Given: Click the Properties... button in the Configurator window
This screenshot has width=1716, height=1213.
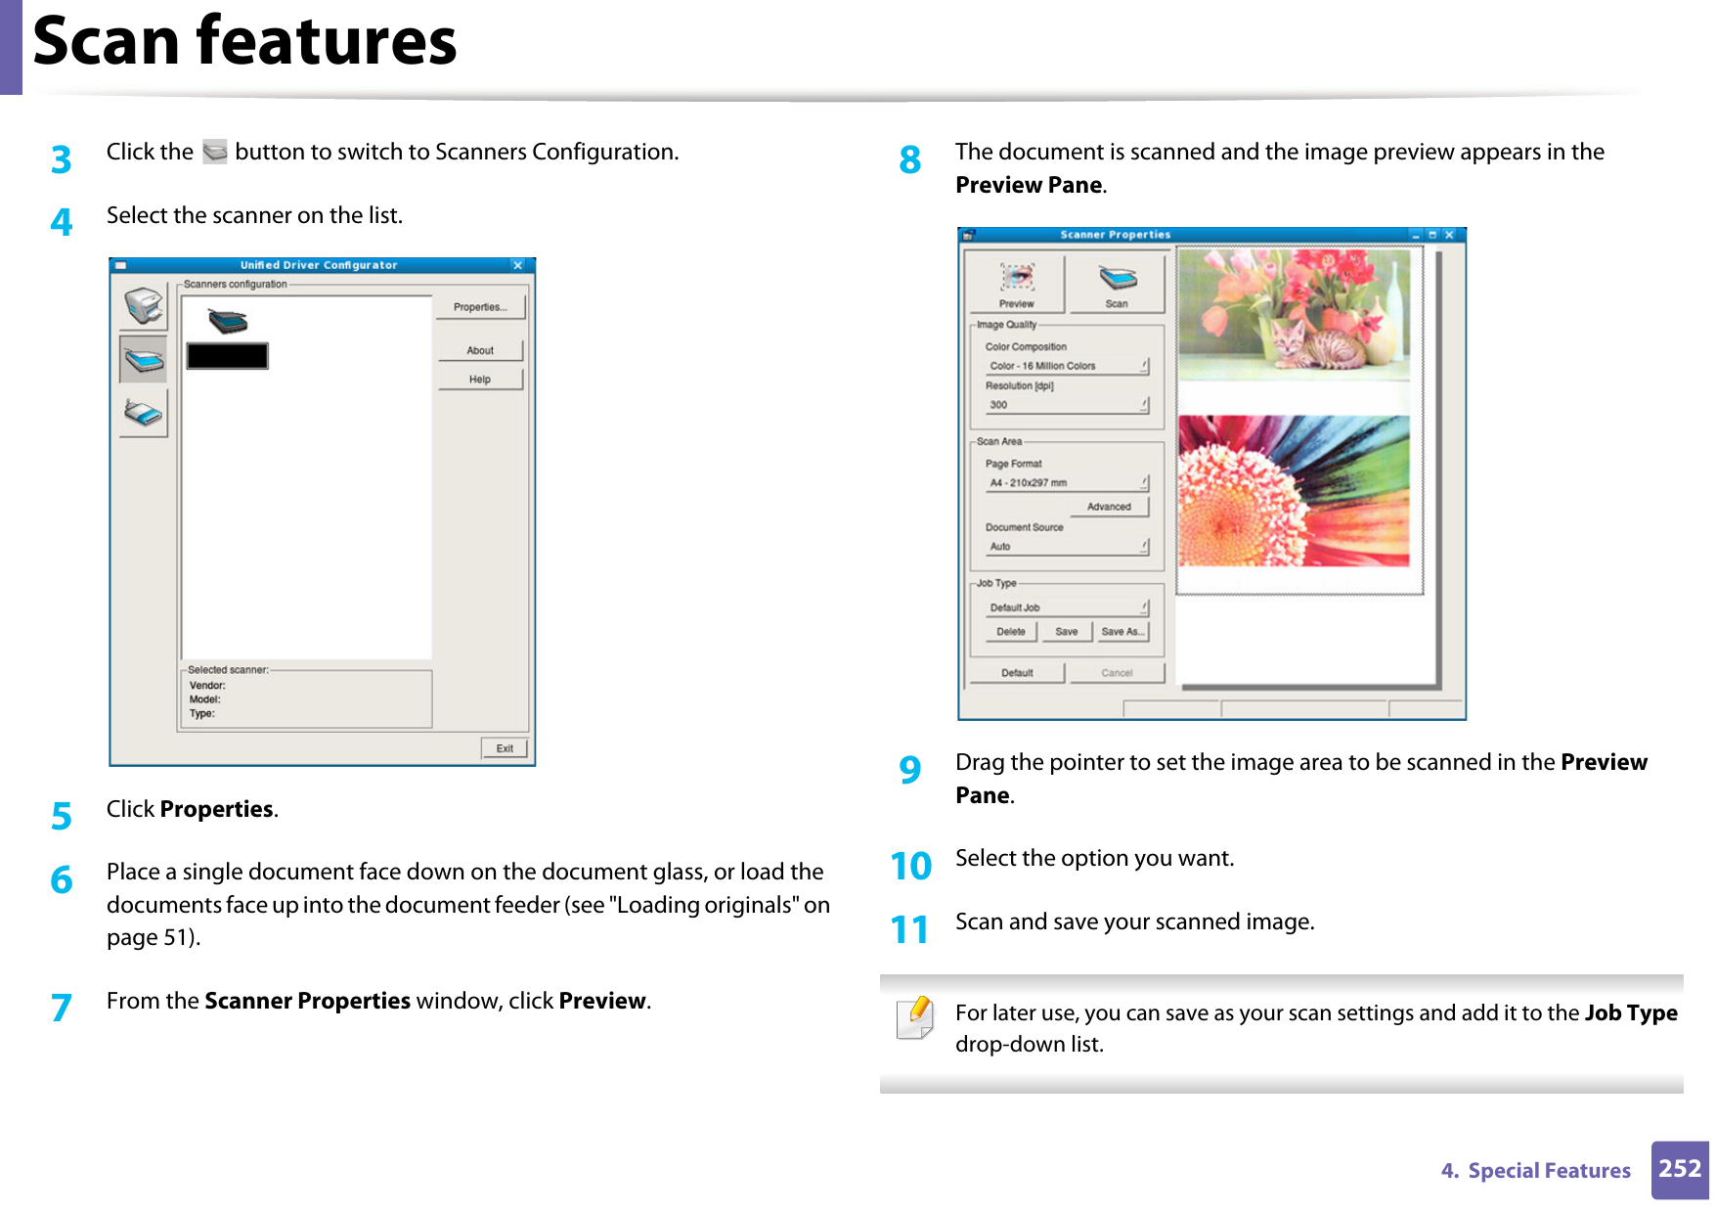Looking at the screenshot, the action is click(480, 307).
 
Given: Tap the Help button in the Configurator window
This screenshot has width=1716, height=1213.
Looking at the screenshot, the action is click(480, 380).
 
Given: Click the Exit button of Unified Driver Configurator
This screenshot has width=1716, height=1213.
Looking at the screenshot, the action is click(505, 748).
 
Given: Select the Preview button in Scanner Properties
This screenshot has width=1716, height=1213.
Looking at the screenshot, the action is click(1016, 285).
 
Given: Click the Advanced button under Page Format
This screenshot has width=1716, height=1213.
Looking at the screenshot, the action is click(1109, 507).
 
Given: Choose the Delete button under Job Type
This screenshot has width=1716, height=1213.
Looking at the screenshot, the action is click(1011, 632).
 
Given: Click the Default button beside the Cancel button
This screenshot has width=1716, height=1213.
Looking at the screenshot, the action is click(1017, 673).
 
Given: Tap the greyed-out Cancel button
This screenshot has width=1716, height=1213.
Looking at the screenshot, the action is click(1117, 673).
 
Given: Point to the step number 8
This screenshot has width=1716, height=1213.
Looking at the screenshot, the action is click(910, 159).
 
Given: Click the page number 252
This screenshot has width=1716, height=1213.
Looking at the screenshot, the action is click(1680, 1169).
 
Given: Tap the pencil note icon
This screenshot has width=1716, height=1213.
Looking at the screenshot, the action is click(915, 1018).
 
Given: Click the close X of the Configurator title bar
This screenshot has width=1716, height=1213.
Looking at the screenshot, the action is click(518, 265).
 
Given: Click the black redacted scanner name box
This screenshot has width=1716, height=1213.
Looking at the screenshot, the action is click(228, 356).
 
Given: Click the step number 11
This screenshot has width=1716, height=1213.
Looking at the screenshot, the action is click(909, 929).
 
